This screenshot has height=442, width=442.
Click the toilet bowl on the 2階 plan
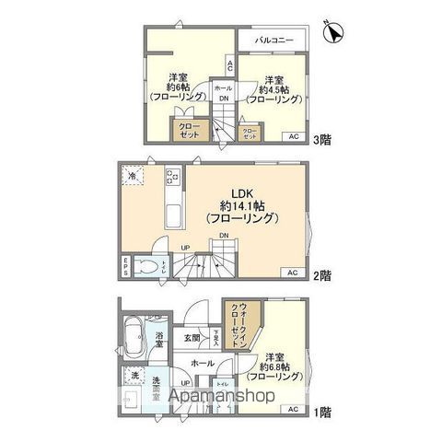click(146, 266)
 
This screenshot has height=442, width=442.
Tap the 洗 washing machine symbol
click(134, 377)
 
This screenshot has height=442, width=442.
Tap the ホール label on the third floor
click(223, 87)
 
